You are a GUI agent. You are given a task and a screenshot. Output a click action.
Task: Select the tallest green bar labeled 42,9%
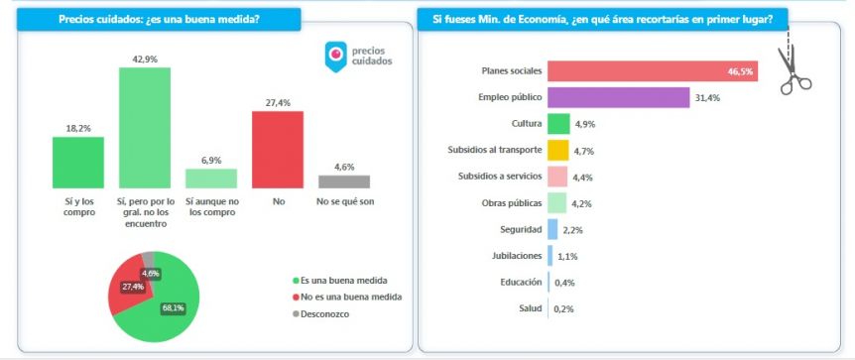coord(145,128)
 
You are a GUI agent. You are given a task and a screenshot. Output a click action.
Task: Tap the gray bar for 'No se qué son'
coord(344,181)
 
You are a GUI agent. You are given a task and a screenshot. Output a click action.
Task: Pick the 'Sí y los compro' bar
coord(78,163)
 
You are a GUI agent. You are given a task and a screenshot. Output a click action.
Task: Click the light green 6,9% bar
coord(211,179)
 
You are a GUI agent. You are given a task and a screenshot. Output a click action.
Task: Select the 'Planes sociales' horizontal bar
coord(653,71)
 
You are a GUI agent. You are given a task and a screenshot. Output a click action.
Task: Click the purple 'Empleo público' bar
coord(618,97)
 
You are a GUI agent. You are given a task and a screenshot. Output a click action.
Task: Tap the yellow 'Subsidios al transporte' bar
coord(557,151)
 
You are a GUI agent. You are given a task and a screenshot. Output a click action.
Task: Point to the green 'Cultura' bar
coord(558,124)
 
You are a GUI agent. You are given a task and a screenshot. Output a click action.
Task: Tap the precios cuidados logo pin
coord(336,57)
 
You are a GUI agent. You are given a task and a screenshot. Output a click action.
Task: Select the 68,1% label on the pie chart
coord(173,308)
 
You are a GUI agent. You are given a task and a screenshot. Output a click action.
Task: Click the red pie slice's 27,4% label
coord(133,287)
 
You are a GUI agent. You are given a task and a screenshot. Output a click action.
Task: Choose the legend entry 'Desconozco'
coord(321,314)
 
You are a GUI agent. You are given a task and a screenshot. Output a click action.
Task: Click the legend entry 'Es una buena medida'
coord(340,281)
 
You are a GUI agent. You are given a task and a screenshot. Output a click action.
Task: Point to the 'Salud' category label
coord(531,308)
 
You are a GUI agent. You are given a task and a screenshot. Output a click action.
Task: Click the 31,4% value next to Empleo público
coord(708,98)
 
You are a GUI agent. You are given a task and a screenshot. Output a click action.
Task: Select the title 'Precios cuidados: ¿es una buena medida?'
coord(159,20)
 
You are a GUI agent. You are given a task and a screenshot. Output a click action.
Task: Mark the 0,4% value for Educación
coord(564,283)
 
